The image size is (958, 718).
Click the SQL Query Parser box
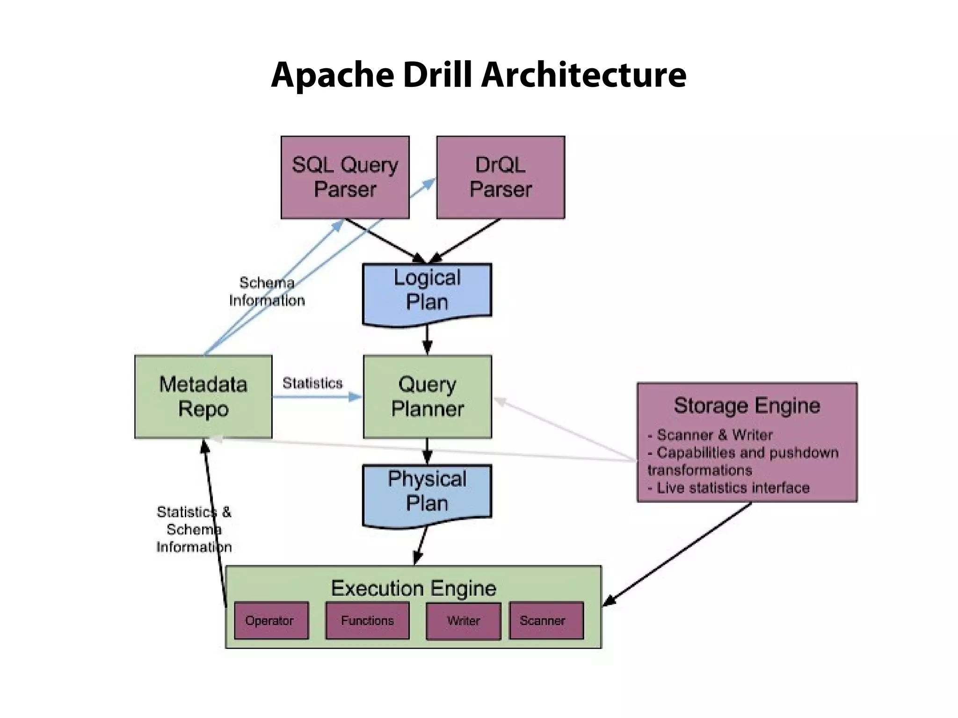click(345, 177)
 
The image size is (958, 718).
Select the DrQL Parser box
click(501, 177)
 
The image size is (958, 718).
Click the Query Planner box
click(427, 396)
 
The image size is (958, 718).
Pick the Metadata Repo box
click(203, 396)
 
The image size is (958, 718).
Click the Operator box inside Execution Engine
click(271, 620)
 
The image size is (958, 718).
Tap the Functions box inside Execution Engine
click(367, 620)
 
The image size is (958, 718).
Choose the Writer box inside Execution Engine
click(463, 620)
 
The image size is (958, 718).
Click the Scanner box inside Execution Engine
click(546, 620)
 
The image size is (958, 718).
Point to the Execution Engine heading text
click(414, 588)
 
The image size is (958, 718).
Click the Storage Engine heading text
click(747, 405)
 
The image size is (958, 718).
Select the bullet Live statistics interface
click(729, 488)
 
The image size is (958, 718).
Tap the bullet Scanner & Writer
click(710, 435)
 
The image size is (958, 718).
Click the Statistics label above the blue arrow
click(312, 383)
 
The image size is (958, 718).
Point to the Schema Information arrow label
click(267, 292)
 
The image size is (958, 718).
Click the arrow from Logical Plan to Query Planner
click(427, 340)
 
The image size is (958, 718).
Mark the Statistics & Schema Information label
click(194, 529)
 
